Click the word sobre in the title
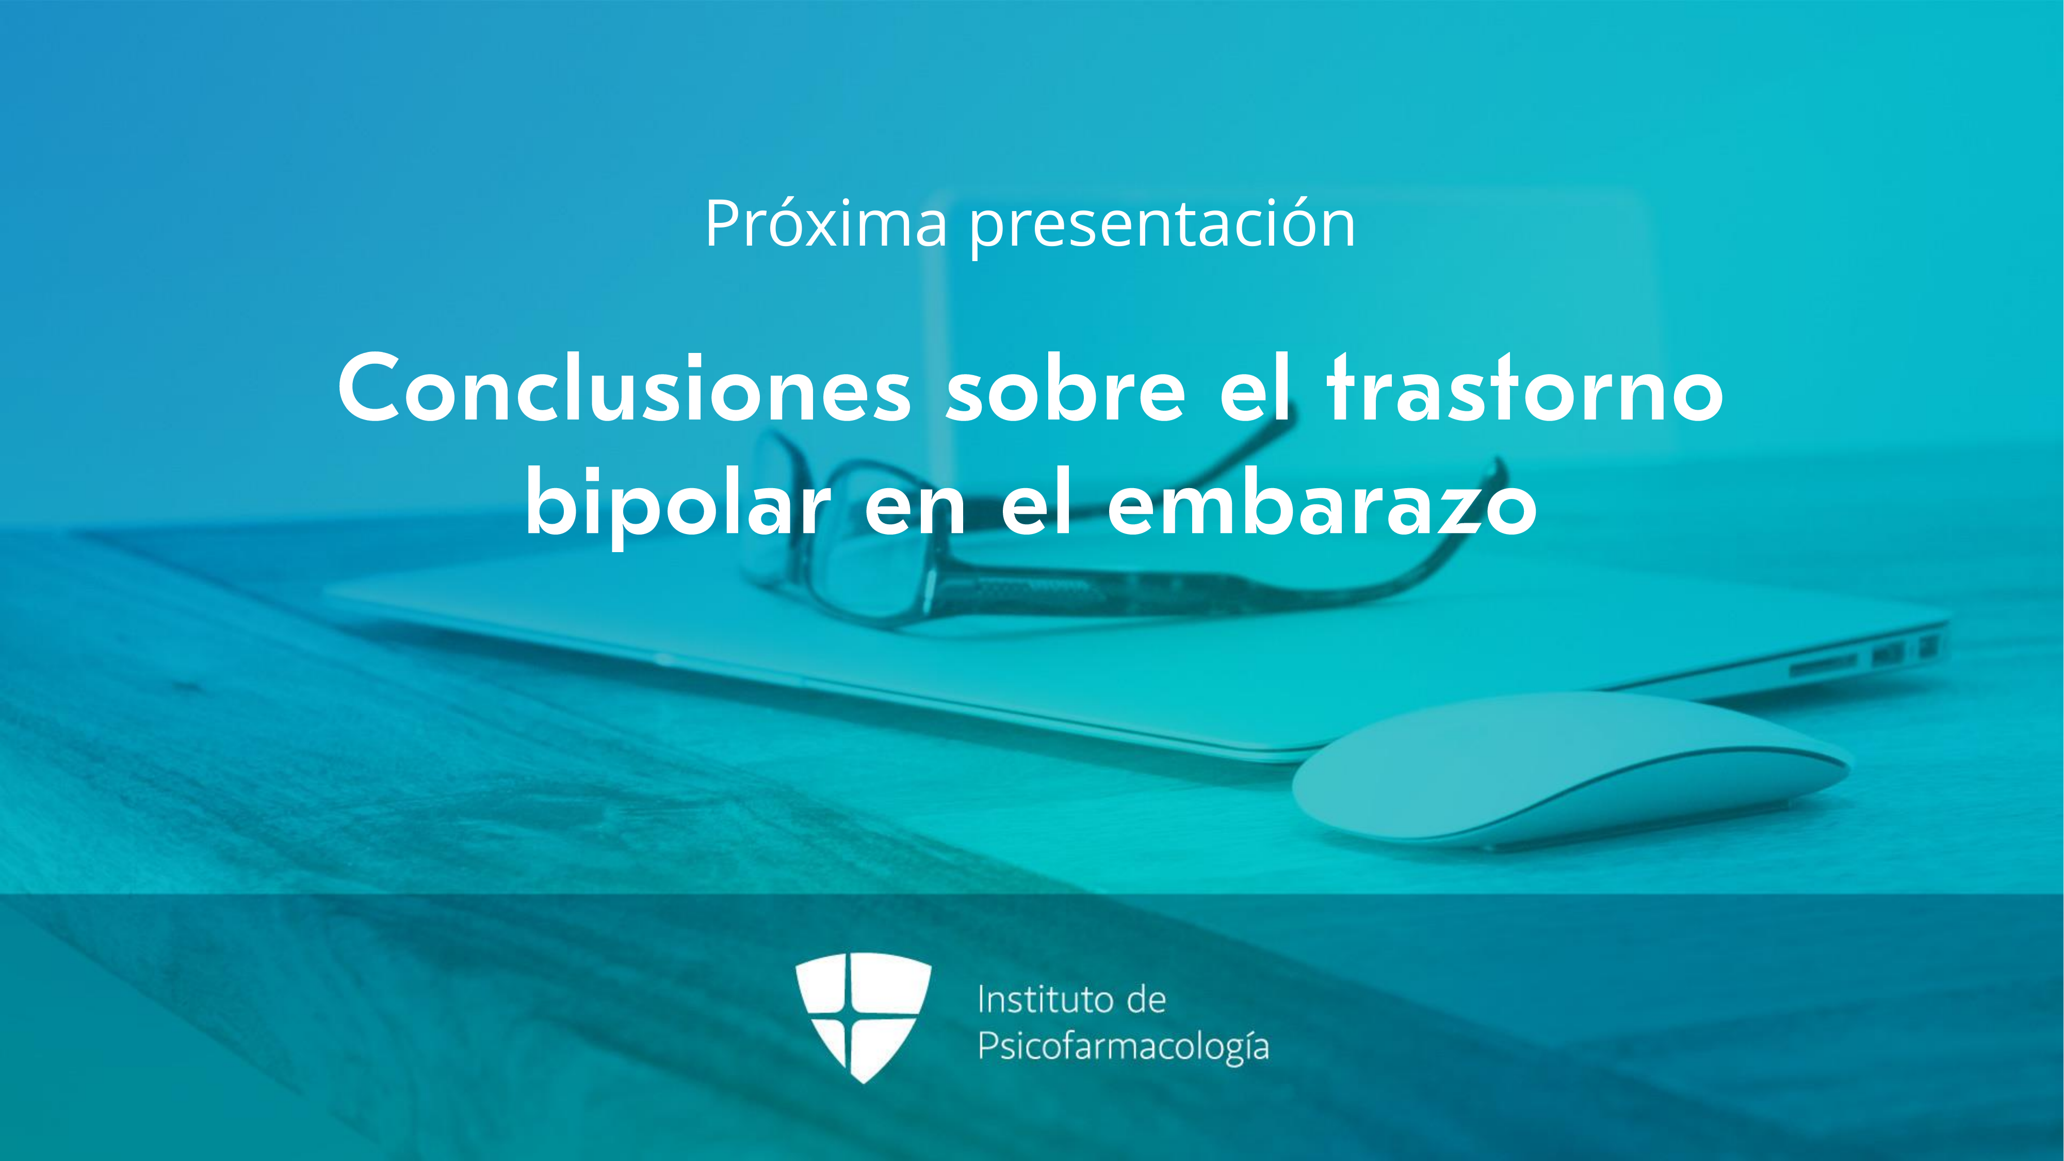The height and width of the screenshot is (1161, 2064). (1066, 389)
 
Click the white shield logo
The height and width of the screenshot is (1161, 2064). (863, 1018)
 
